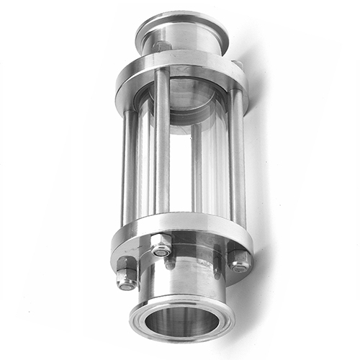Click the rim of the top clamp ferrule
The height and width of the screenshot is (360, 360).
point(181,24)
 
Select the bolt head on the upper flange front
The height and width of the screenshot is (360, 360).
point(162,47)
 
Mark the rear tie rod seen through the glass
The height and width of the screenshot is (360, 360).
point(196,166)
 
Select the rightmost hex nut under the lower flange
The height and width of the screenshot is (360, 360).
point(238,260)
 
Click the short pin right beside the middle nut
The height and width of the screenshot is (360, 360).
point(170,264)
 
